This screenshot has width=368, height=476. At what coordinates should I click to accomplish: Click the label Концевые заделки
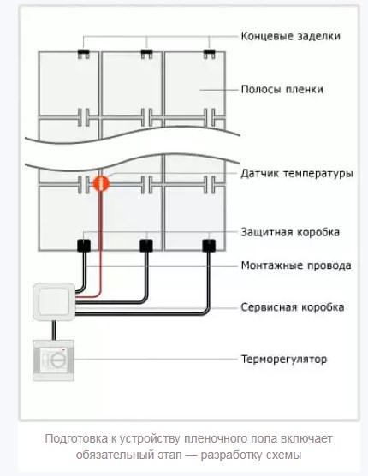pyautogui.click(x=290, y=36)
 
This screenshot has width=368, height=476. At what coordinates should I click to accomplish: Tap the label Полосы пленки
pyautogui.click(x=282, y=90)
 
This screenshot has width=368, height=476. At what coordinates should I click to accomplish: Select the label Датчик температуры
pyautogui.click(x=297, y=174)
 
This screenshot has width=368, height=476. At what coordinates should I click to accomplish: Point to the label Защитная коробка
pyautogui.click(x=290, y=232)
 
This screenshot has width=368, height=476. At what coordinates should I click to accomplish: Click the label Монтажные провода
pyautogui.click(x=296, y=265)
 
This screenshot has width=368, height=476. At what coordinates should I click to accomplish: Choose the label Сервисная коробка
pyautogui.click(x=293, y=307)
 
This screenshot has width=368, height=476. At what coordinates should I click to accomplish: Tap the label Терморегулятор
pyautogui.click(x=284, y=360)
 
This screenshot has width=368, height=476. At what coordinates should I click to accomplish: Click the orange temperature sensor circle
pyautogui.click(x=101, y=183)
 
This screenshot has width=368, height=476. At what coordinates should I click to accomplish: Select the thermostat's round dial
pyautogui.click(x=56, y=360)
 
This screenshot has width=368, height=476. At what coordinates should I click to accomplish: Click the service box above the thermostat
pyautogui.click(x=54, y=301)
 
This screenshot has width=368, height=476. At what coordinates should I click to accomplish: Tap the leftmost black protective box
pyautogui.click(x=84, y=246)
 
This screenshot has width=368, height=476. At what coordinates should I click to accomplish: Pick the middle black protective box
pyautogui.click(x=146, y=246)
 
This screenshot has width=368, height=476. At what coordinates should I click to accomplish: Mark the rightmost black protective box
pyautogui.click(x=209, y=246)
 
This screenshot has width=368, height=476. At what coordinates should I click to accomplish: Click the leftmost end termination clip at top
pyautogui.click(x=83, y=54)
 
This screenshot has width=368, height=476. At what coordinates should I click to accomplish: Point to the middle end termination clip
pyautogui.click(x=146, y=54)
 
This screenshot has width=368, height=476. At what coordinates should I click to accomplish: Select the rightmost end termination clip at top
pyautogui.click(x=209, y=54)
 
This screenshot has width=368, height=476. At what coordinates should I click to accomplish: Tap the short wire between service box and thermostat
pyautogui.click(x=54, y=330)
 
